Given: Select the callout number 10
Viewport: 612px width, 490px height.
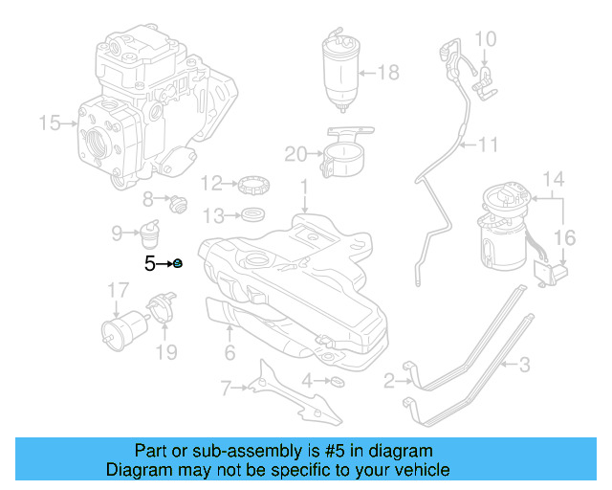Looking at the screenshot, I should [486, 38].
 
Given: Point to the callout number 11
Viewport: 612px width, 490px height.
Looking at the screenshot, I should [489, 145].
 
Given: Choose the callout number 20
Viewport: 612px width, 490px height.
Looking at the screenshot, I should [295, 153].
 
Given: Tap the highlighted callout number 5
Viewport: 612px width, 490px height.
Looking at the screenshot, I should [150, 263].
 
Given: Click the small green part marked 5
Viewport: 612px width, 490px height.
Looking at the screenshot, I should [178, 263].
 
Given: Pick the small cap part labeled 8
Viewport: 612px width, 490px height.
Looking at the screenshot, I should [177, 202].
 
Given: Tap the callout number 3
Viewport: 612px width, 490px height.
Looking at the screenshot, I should [524, 364].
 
